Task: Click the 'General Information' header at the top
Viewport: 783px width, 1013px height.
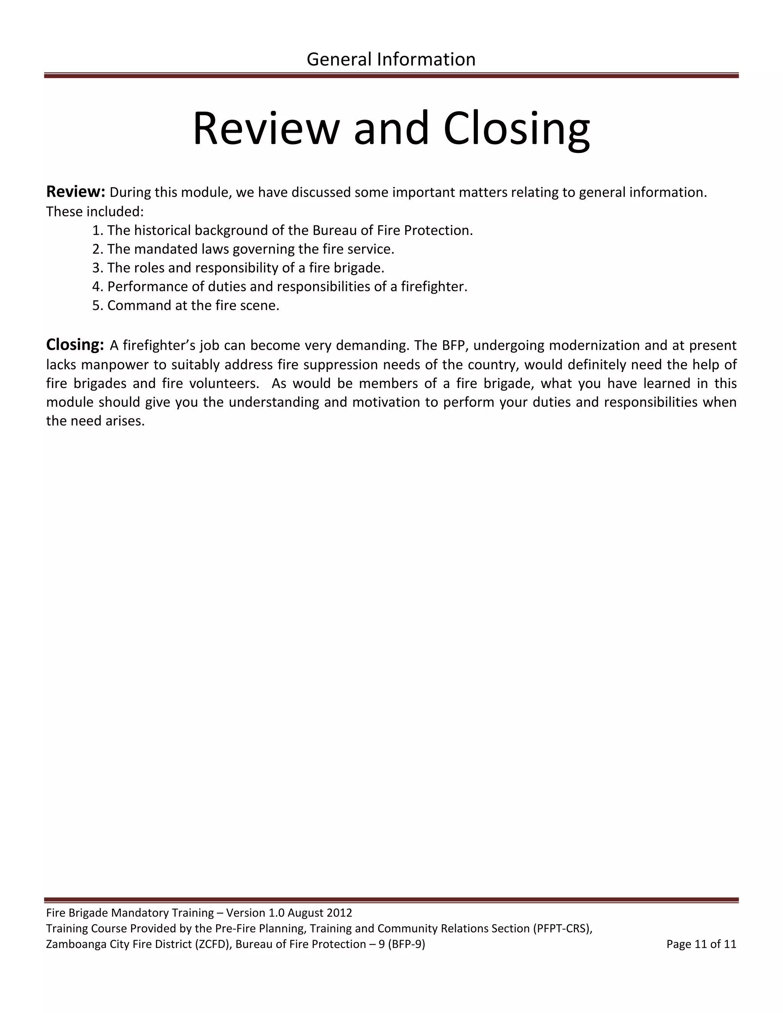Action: tap(391, 59)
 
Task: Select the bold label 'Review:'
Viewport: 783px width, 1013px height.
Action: tap(76, 191)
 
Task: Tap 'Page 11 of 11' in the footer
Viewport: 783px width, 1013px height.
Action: tap(701, 944)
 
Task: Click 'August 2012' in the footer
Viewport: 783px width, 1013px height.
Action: tap(320, 913)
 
